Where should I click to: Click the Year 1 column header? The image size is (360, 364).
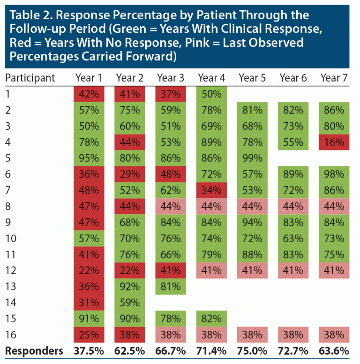[89, 78]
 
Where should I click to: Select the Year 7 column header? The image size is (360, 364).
[334, 78]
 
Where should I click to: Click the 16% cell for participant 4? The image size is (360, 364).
[334, 142]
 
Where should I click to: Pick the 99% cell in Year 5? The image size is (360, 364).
[252, 158]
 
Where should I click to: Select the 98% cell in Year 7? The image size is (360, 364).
[334, 174]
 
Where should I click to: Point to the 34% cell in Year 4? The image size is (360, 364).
[211, 190]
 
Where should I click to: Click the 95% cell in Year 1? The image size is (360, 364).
[89, 158]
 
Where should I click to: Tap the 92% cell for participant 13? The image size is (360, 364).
[129, 286]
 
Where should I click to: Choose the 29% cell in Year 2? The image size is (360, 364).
[129, 174]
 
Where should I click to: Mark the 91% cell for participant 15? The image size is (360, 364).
[89, 319]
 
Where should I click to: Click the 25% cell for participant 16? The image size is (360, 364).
[89, 334]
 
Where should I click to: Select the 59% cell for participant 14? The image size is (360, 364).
[129, 303]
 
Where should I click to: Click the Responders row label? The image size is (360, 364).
[34, 350]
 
